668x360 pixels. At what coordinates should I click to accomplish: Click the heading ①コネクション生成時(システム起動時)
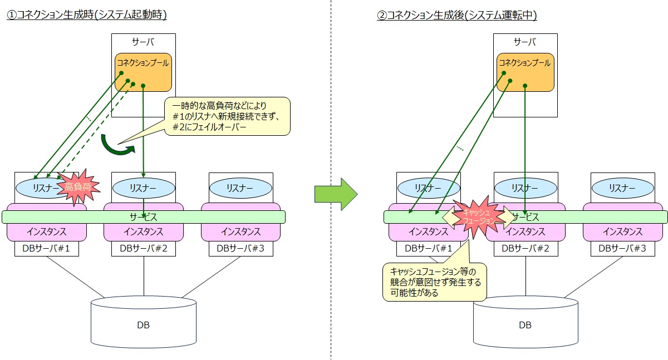87,16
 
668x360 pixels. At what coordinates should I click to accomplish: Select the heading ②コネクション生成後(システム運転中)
456,16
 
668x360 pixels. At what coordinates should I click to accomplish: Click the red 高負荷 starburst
77,188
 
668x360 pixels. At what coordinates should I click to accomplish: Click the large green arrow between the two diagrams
336,193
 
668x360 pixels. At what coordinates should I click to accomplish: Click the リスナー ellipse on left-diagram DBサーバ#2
144,188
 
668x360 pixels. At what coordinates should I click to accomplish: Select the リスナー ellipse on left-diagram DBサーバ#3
240,188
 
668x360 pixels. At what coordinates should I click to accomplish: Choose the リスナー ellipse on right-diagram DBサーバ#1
428,188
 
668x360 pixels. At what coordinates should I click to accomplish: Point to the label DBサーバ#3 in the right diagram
622,249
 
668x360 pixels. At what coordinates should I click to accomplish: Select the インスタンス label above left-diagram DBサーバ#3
240,232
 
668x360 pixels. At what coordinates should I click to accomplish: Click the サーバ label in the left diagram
143,42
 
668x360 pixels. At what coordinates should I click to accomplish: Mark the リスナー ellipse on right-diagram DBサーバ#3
622,188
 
